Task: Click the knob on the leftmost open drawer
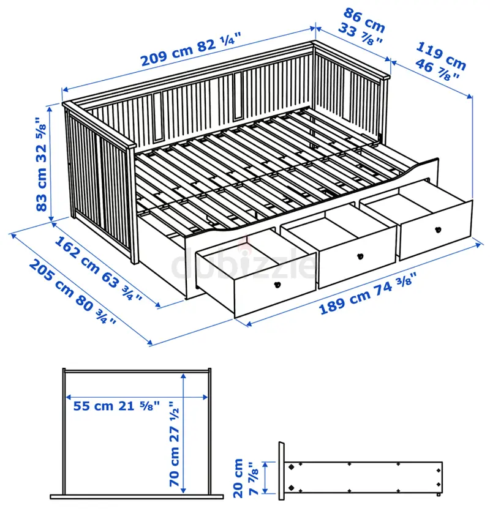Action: (277, 285)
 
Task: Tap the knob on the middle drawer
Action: (360, 256)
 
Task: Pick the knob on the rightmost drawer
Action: (438, 229)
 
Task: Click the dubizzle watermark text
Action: (243, 266)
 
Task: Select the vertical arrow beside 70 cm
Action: (184, 433)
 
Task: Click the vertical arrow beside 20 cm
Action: (265, 478)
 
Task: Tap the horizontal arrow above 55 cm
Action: (137, 397)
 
